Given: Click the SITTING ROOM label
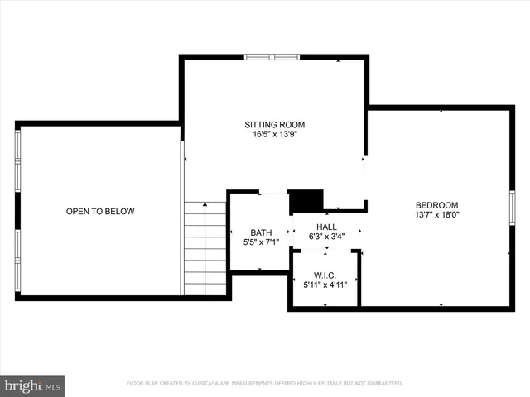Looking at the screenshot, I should tap(274, 124).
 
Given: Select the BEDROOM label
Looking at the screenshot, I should tap(436, 205).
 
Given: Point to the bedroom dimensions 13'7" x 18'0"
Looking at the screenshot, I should tap(436, 215).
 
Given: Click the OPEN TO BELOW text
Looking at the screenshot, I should tap(100, 212).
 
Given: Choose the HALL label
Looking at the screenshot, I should tap(325, 227).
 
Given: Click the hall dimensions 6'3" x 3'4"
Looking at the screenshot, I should tap(325, 237).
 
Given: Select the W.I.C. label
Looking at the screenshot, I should tap(325, 275).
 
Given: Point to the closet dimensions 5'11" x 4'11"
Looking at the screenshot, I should tap(325, 285).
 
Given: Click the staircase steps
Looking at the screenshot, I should tap(205, 248).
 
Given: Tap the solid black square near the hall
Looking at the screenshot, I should tap(305, 202).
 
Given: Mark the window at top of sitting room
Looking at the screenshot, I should tap(272, 57).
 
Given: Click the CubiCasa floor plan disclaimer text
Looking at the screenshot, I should tap(264, 384).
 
